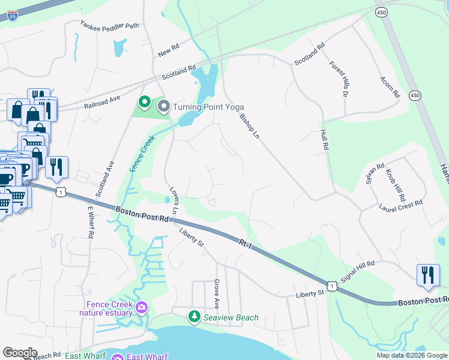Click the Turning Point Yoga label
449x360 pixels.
coord(208,107)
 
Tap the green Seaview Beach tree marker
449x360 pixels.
coord(194,316)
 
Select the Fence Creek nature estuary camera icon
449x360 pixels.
coord(142,308)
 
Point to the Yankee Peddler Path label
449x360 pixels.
coord(110,25)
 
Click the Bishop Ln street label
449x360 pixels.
coord(249,127)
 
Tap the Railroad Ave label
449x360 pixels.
coord(103,101)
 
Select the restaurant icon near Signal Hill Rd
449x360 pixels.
coord(428,275)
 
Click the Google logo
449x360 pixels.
coord(20,353)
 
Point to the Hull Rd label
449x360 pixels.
coord(326,143)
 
